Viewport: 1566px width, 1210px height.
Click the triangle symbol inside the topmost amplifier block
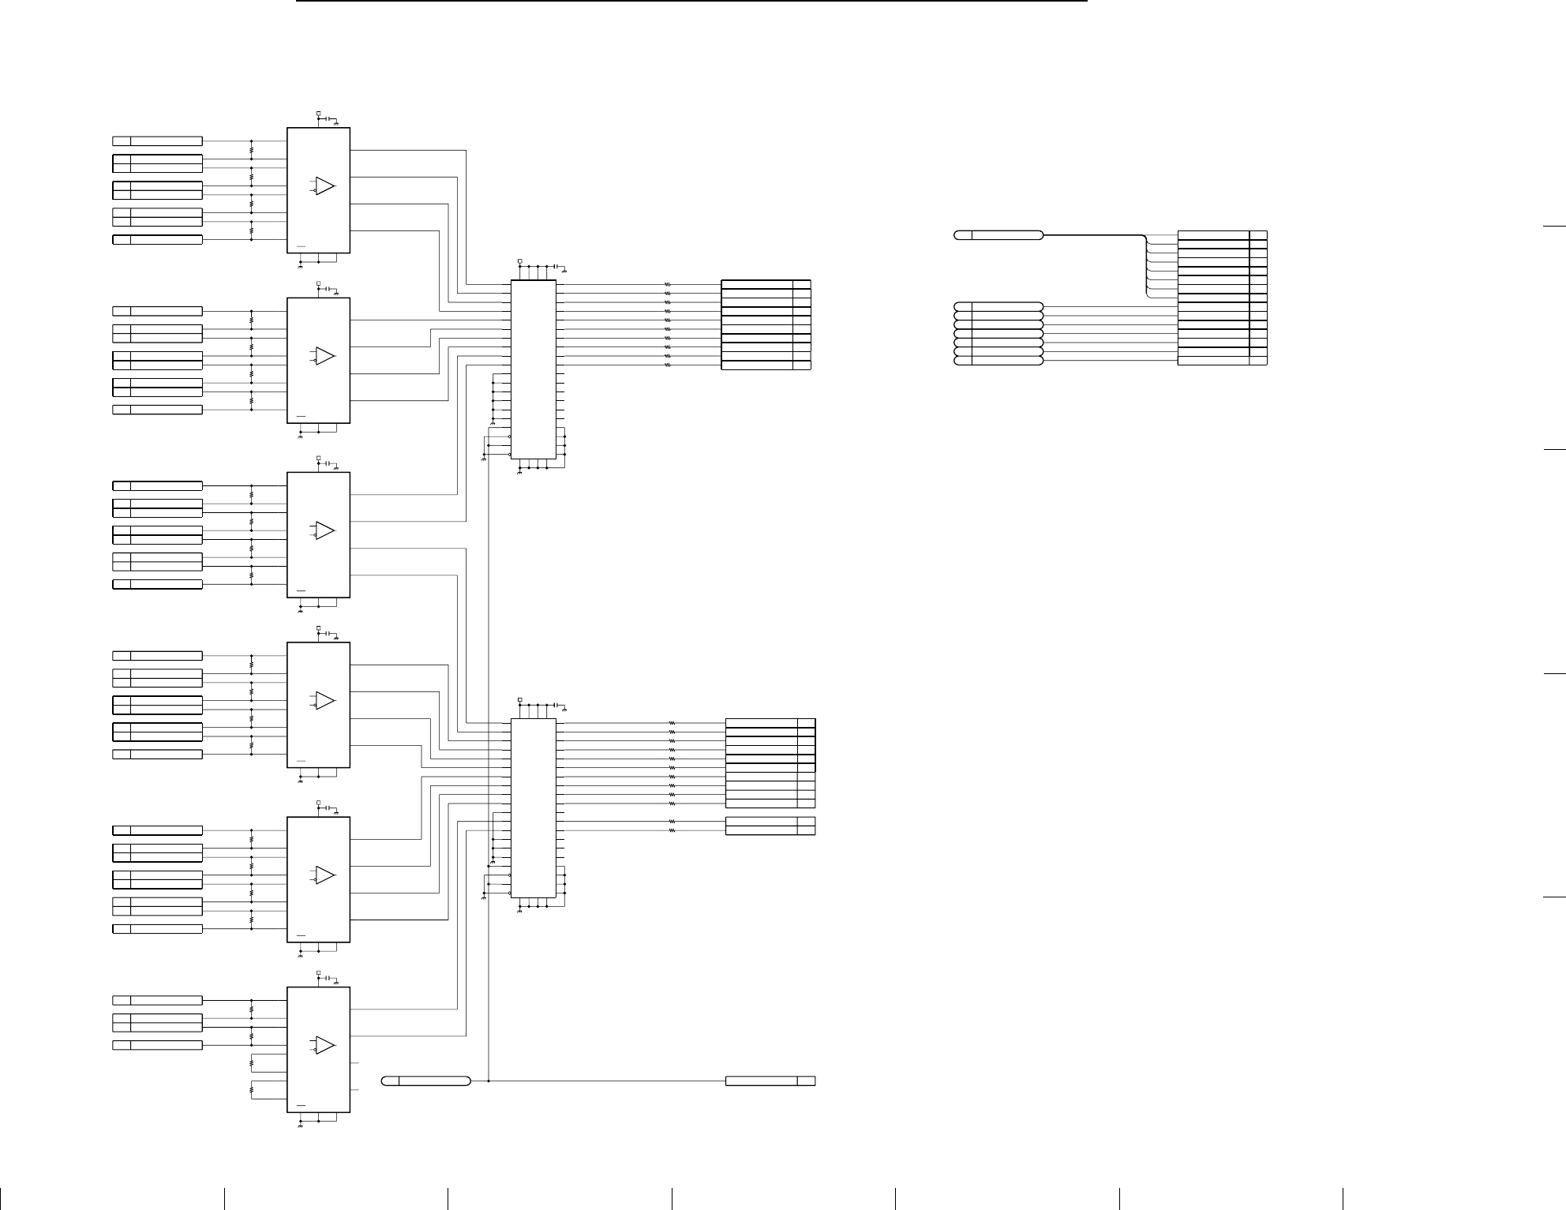(324, 186)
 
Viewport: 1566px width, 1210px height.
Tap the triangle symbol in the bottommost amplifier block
(324, 1045)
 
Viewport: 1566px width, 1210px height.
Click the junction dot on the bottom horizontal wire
(489, 1081)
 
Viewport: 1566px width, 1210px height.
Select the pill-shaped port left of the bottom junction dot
(426, 1081)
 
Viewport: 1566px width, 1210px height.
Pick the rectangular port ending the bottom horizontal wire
(770, 1081)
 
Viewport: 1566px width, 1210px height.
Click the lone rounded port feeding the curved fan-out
(998, 235)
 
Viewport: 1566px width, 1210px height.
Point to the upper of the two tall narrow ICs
(534, 369)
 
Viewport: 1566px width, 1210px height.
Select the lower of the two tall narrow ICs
(534, 808)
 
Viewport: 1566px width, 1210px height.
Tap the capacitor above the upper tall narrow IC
(556, 266)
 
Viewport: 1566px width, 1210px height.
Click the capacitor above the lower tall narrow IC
(556, 704)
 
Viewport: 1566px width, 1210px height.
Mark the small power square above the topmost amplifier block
(318, 114)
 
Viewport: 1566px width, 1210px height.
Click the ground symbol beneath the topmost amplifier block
(300, 264)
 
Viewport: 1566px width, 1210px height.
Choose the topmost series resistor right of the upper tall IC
(668, 284)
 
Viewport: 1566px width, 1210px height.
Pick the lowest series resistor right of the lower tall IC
(672, 831)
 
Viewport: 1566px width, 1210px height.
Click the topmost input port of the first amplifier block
(157, 140)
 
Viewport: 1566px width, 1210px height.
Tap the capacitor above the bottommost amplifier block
(328, 978)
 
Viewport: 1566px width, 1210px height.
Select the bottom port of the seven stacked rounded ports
(998, 361)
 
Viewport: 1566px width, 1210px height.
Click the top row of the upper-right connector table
(1222, 235)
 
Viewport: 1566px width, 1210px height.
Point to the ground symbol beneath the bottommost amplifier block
(300, 1124)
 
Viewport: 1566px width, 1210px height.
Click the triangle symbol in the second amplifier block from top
(324, 356)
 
